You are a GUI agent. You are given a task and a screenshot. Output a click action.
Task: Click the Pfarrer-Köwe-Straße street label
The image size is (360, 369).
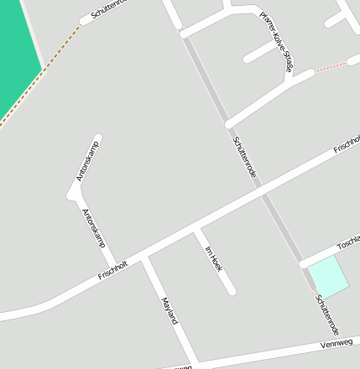point(276,40)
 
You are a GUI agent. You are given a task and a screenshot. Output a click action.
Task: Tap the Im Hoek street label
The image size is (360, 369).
point(213,258)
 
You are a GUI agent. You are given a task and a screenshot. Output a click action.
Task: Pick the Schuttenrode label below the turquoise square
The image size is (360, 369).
point(326,313)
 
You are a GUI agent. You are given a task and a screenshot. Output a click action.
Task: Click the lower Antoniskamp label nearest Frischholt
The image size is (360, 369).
point(94,227)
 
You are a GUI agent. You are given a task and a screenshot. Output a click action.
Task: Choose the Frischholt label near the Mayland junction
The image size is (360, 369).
point(112,270)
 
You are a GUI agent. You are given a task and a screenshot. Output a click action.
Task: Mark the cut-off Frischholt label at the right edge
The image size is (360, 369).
point(347,143)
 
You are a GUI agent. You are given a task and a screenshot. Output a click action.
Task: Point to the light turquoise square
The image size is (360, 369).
point(329,277)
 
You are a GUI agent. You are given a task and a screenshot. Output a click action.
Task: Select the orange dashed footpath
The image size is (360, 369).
point(42,73)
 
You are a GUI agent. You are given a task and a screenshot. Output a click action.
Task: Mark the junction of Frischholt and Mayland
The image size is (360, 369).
point(144,258)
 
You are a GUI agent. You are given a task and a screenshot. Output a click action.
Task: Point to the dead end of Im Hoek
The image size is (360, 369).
point(231,291)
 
